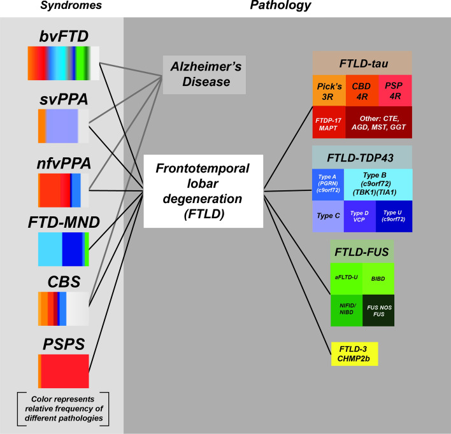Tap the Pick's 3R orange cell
point(328,90)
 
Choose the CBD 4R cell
point(361,90)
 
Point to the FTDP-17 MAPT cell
point(328,122)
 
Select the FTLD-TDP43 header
point(362,157)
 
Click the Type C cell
point(328,216)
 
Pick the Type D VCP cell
point(359,216)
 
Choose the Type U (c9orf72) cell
point(394,216)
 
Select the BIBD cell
point(378,277)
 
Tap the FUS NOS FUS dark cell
point(378,310)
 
